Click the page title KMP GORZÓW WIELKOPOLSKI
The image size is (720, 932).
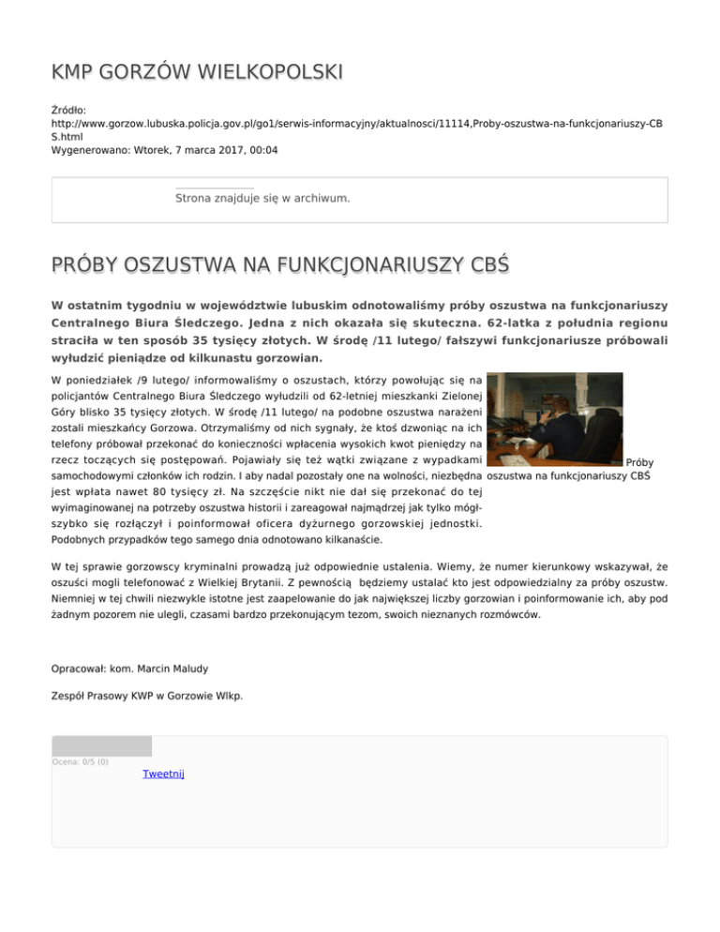197,71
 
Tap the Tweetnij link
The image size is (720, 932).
164,774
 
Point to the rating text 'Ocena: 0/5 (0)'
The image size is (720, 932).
80,761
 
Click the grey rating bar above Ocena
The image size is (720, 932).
101,746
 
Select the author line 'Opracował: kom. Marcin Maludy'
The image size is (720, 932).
129,669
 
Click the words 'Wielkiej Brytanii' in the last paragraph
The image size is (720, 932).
245,584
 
